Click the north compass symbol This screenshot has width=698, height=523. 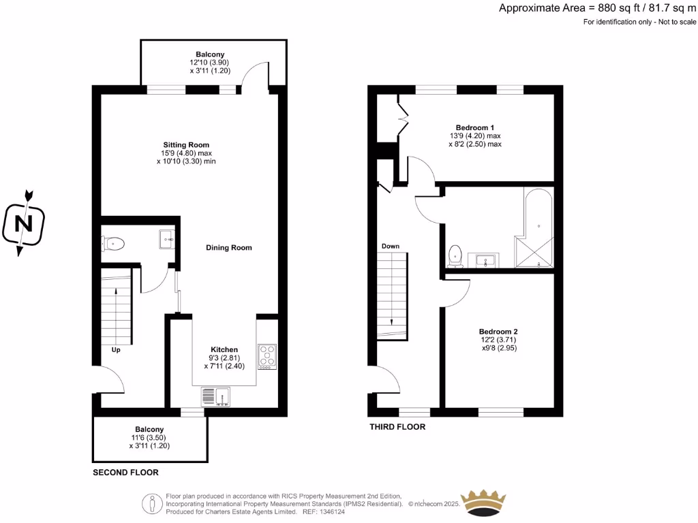tap(24, 223)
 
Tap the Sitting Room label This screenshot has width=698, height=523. tap(186, 145)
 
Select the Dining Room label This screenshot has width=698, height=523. tap(229, 248)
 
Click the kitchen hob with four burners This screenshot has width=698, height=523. tap(267, 357)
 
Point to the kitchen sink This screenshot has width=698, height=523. tap(216, 397)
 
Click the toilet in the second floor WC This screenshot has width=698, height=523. tap(112, 242)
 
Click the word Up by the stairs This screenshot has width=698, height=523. tap(116, 350)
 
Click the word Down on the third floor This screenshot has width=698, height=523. tap(391, 246)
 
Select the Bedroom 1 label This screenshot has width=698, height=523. tap(475, 128)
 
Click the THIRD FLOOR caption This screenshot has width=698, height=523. tap(397, 427)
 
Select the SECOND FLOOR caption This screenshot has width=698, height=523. tap(126, 472)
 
